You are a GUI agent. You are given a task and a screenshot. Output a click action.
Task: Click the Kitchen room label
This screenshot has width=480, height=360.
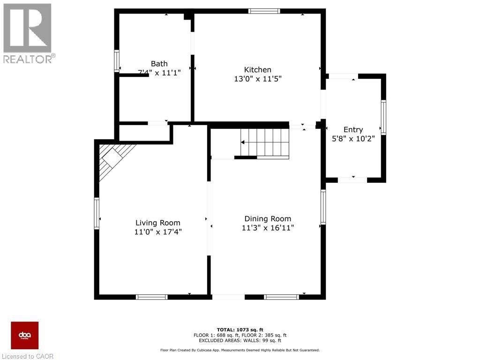click(257, 69)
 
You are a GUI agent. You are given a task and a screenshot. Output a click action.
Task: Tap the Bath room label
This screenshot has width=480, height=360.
click(159, 64)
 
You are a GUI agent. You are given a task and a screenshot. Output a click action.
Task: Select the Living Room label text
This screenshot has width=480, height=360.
click(157, 223)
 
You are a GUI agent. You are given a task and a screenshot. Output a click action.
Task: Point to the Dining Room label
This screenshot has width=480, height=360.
click(268, 219)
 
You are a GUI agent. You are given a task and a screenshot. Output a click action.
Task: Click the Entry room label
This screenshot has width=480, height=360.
click(353, 130)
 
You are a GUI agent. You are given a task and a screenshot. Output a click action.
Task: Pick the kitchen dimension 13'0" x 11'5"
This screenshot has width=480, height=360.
click(257, 79)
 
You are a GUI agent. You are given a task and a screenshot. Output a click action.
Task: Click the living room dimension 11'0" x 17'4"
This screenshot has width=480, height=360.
click(157, 232)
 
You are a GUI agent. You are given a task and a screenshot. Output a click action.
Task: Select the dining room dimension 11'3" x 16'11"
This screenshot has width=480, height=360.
click(268, 228)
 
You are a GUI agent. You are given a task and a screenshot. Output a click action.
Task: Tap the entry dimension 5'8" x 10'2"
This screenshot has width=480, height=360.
click(353, 139)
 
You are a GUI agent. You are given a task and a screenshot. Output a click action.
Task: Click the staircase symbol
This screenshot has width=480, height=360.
click(265, 142)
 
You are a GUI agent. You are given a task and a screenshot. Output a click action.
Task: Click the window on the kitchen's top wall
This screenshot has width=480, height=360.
click(264, 11)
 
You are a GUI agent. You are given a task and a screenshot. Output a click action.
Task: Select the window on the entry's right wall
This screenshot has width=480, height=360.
click(383, 117)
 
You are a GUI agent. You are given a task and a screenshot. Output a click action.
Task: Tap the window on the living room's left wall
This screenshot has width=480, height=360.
click(97, 213)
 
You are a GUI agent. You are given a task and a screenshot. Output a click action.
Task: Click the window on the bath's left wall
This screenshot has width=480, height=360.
click(117, 61)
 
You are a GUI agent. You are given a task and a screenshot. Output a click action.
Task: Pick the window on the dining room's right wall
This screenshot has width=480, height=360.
click(323, 207)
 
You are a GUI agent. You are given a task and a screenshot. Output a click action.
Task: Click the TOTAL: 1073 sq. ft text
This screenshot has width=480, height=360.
click(240, 330)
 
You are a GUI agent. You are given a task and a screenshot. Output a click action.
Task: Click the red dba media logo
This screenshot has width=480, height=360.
click(25, 335)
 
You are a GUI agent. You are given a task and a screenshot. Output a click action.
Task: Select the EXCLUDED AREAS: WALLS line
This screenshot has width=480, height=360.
click(240, 341)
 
